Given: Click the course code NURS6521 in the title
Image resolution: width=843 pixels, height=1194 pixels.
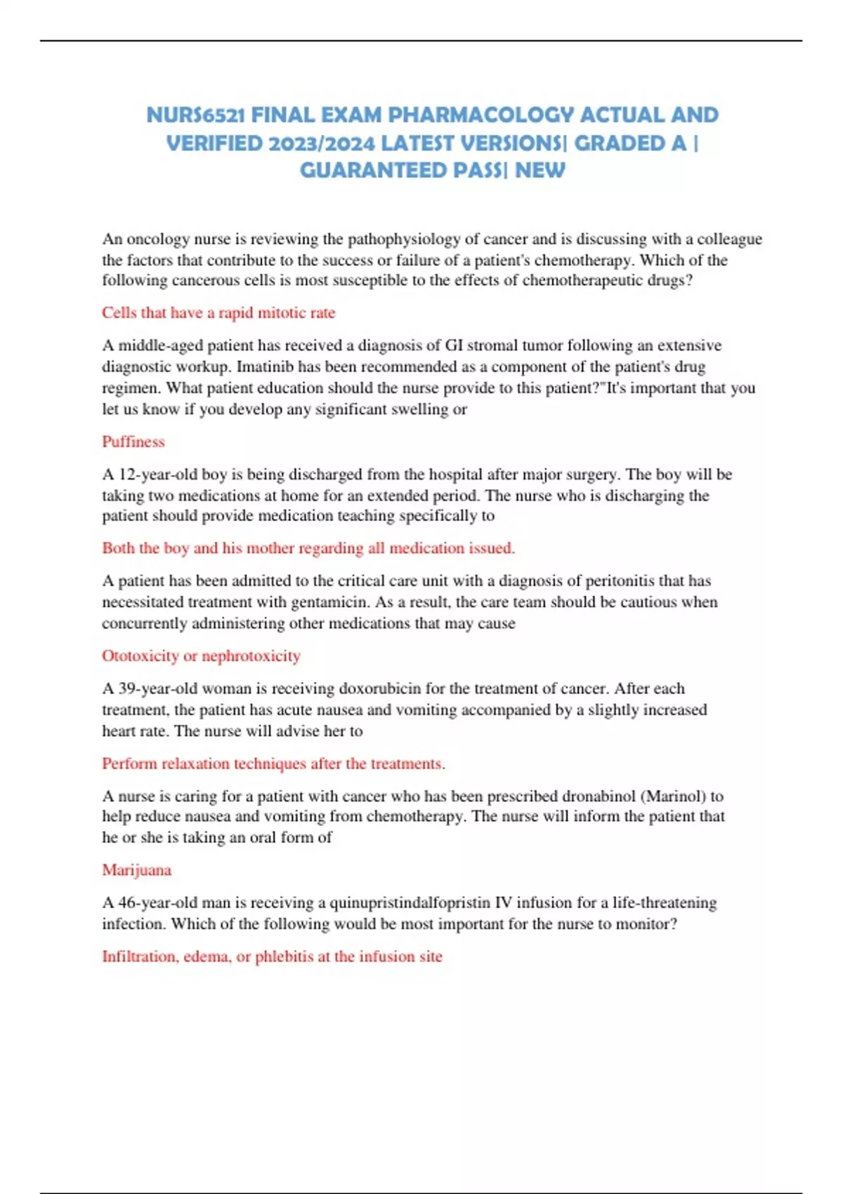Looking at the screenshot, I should [x=195, y=115].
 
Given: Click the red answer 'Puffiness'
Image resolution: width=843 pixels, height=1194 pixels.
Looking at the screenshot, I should [x=133, y=442].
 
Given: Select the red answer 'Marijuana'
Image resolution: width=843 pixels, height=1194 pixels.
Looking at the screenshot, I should [x=137, y=870].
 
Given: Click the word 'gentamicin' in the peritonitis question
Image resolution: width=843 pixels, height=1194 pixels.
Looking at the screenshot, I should [x=329, y=603].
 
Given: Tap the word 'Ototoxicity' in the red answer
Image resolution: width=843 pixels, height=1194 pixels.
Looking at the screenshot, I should [x=140, y=656].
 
